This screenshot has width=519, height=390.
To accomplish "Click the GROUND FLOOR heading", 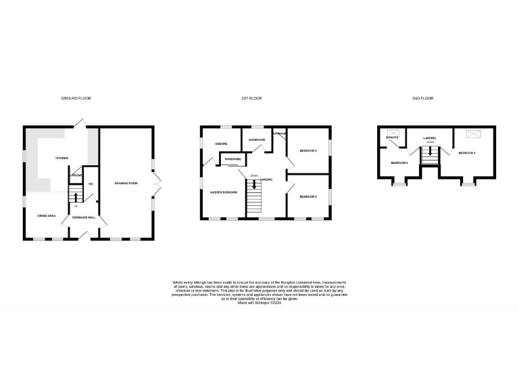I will pos(76,98).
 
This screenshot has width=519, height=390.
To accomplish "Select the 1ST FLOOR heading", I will pos(251,98).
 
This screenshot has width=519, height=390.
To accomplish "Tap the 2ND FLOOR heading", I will pos(423,98).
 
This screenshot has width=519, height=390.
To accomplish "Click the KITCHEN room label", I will pos(61,158).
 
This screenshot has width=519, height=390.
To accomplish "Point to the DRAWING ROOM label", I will pos(126,183).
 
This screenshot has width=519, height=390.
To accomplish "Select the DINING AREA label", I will pos(46,215).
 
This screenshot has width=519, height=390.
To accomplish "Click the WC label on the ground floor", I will pos(90,183).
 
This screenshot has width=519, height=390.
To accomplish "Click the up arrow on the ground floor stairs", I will pos(76,198).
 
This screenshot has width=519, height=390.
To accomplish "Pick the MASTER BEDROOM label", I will pos(222,192).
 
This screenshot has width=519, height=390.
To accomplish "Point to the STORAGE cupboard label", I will pos(279,134).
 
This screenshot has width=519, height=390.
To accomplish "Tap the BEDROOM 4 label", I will pos(466,153).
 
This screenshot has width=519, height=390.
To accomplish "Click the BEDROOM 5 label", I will pos(399,162).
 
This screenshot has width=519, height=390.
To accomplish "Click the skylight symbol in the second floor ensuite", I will pos(393,133).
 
